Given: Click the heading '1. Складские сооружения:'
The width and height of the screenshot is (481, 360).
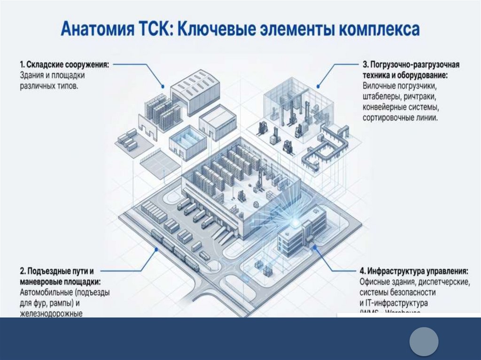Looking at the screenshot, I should (x=63, y=64).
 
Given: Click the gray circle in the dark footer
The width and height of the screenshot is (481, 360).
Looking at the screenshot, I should (x=424, y=341).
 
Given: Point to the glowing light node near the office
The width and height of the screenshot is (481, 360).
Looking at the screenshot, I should (x=295, y=220).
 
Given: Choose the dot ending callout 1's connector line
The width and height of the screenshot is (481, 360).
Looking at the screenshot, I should (x=162, y=86).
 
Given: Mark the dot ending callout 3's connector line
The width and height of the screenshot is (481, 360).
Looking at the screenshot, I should (x=318, y=85).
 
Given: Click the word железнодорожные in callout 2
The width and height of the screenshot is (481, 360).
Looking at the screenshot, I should (x=51, y=313).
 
